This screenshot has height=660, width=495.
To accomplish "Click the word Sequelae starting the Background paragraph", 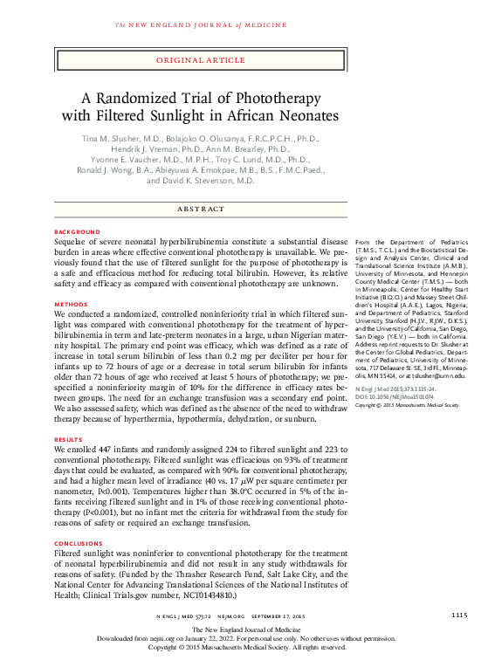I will click(x=72, y=241).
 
